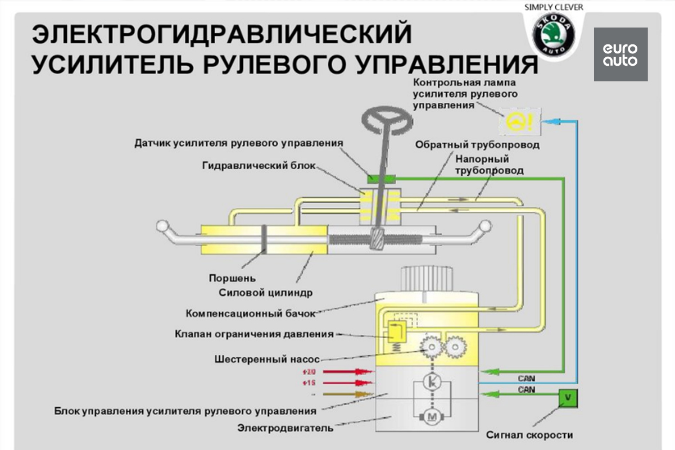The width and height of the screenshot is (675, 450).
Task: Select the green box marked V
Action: click(568, 397)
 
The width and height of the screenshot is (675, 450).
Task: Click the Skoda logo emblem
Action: click(554, 35)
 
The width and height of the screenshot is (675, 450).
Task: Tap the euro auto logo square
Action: click(620, 54)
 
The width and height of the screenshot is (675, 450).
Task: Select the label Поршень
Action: click(232, 278)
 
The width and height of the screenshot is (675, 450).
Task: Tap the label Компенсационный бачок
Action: click(251, 313)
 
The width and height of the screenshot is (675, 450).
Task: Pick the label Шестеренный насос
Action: click(267, 358)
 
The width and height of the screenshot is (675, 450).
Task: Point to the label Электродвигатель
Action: click(285, 428)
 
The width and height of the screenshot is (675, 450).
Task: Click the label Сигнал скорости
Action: click(530, 435)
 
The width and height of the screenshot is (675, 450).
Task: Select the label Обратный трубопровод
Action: click(477, 145)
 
